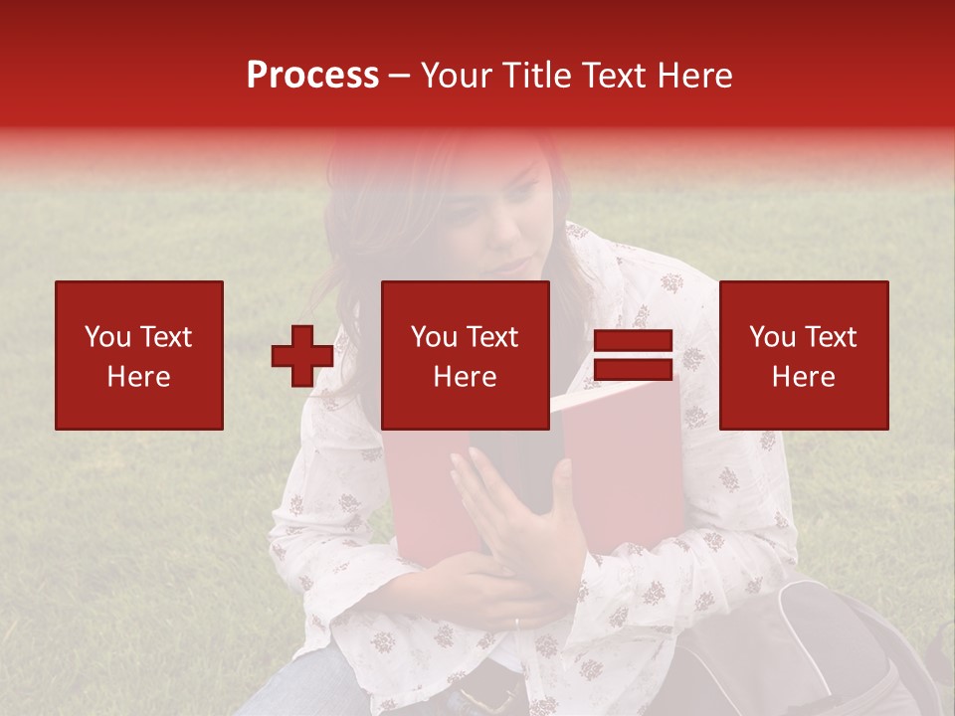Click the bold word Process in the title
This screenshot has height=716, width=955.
312,76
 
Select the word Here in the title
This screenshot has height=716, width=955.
692,76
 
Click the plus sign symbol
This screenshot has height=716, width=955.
302,356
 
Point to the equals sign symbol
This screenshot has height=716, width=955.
633,355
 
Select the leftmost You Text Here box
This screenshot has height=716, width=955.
139,355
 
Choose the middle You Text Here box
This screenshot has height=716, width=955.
466,355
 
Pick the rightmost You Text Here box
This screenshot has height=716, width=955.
804,355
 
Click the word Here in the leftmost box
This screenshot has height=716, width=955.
138,377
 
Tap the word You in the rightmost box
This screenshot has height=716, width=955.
771,337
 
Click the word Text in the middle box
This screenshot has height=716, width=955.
492,337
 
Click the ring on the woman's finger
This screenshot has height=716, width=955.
515,624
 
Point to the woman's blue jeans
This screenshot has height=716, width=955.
298,686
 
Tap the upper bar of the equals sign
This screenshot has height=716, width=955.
633,342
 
